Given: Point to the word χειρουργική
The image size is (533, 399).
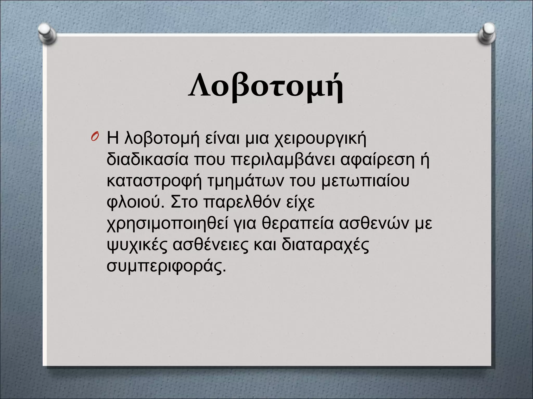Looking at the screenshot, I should (320, 139).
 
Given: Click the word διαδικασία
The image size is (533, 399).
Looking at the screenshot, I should (147, 159).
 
